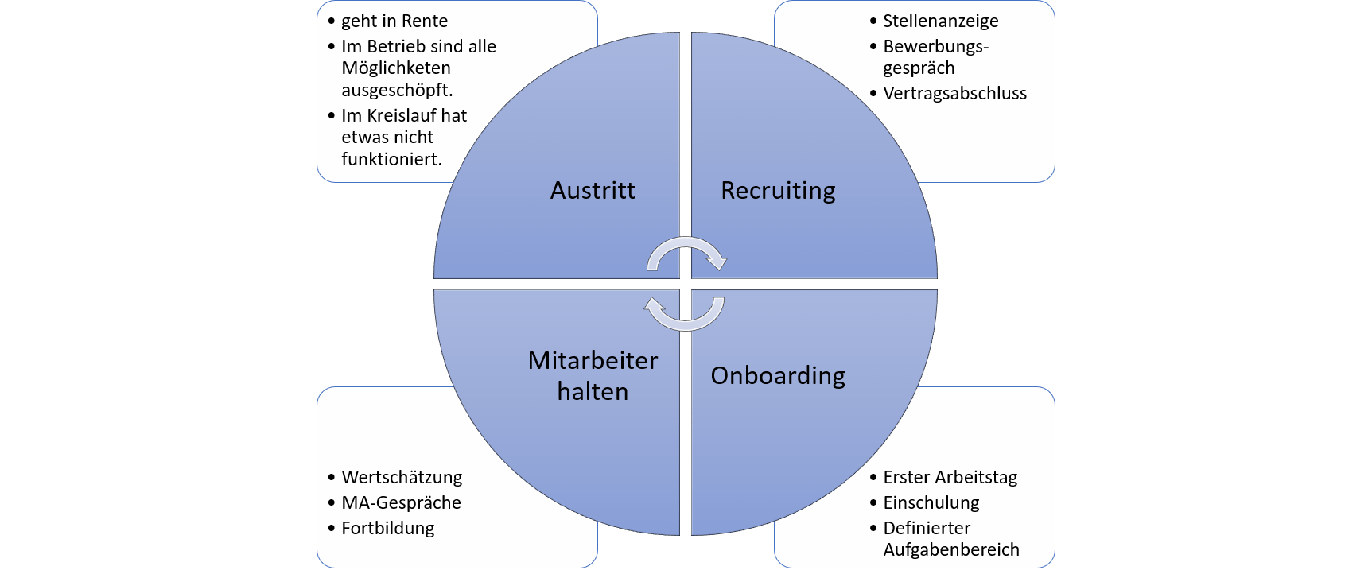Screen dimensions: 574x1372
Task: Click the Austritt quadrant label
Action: point(593,191)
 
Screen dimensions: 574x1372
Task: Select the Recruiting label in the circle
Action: point(778,191)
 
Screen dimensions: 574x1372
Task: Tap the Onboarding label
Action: point(778,375)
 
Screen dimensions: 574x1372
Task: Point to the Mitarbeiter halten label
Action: point(593,375)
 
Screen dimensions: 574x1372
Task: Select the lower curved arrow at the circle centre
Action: point(684,313)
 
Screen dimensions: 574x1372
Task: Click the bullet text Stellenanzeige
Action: point(940,21)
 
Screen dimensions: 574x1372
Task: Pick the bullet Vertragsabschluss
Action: point(954,94)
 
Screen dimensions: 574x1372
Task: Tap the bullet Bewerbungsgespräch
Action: point(935,57)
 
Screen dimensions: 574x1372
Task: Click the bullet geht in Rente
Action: point(394,21)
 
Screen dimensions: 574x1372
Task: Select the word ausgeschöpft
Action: point(397,90)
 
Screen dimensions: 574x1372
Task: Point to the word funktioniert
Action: point(391,159)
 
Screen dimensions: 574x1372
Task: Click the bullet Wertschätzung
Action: point(402,478)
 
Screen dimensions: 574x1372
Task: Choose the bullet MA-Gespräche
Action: point(401,503)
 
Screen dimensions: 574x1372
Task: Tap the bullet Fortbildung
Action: point(388,529)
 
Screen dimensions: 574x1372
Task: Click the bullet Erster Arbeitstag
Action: point(950,478)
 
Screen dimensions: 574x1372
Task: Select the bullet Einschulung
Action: point(931,503)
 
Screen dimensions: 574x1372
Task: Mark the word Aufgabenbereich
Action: point(951,550)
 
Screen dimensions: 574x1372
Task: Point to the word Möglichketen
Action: point(396,68)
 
